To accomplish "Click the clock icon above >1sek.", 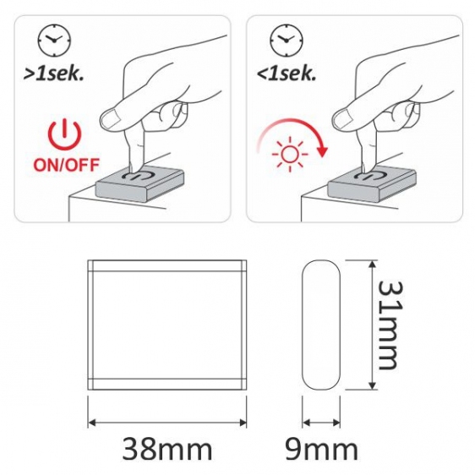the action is tap(54, 40).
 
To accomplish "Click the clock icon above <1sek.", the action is tap(287, 40).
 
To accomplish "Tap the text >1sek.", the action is tap(53, 73).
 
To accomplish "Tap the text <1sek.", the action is tap(287, 73).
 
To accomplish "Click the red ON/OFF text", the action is tap(66, 165).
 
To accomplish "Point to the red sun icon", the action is tap(290, 154).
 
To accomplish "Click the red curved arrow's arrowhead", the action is tap(323, 151).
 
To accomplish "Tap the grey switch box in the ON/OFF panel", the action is tap(139, 184).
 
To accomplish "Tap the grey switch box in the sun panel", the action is tap(372, 184).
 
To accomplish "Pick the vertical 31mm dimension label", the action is tap(390, 325).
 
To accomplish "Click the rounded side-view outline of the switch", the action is tap(303, 325).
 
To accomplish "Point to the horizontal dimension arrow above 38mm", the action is tap(167, 423).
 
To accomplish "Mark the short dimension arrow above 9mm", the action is tap(321, 423).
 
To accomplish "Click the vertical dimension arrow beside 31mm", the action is tap(372, 325).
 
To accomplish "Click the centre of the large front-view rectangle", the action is tap(167, 325).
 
